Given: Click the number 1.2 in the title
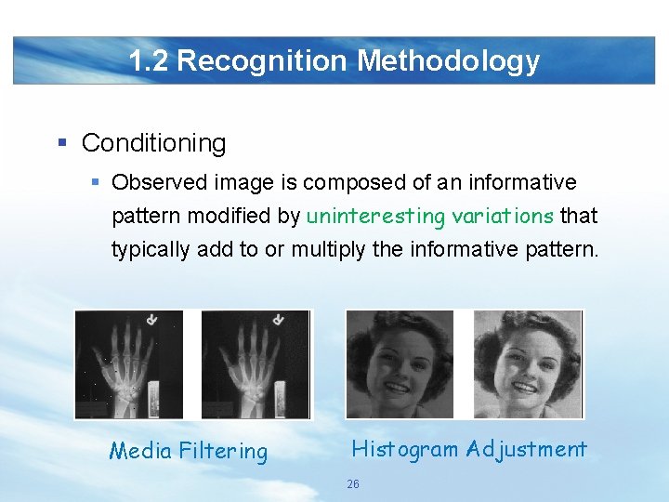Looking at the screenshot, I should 149,61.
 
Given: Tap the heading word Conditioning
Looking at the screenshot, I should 153,143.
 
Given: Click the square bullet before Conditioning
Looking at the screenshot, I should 62,143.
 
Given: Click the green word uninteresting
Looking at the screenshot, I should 376,217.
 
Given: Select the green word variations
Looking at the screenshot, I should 503,217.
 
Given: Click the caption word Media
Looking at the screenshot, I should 140,452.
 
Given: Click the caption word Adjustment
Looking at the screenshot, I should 527,449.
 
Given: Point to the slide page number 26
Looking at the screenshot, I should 352,484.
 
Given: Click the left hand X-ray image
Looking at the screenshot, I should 129,363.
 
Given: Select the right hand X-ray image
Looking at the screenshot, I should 256,363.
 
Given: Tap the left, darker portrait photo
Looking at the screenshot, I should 400,363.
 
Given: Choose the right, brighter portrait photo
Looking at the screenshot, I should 527,363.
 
